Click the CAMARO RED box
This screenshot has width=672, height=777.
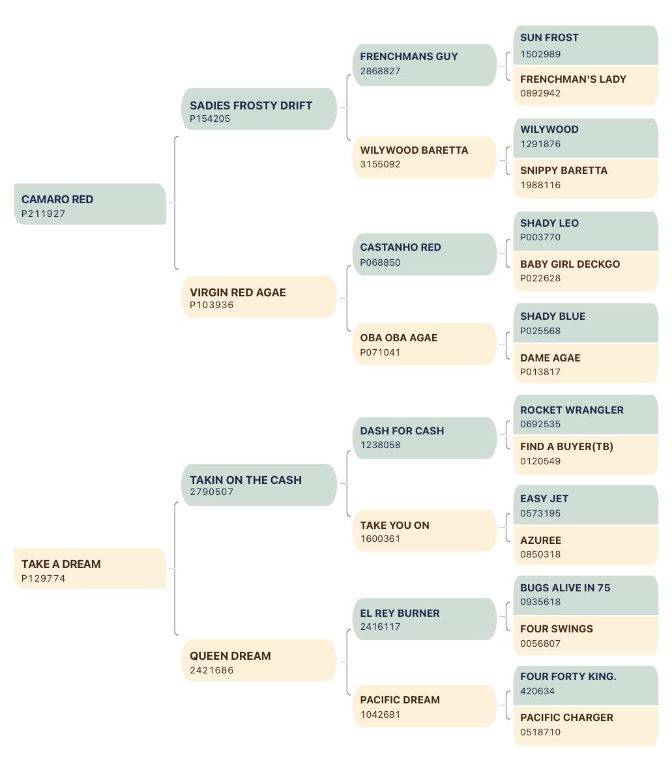point(90,204)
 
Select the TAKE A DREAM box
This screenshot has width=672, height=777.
point(90,569)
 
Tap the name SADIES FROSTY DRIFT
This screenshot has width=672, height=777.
point(251,106)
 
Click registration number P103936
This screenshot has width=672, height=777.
point(212,305)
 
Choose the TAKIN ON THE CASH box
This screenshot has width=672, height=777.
point(259,485)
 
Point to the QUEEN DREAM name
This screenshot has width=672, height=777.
point(230,656)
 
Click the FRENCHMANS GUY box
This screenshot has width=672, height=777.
point(424,65)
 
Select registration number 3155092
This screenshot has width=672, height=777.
point(380,165)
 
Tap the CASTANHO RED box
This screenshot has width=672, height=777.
point(424,254)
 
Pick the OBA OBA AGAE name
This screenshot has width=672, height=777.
point(399,338)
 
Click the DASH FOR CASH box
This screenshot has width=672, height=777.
point(424,438)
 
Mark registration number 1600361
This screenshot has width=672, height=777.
point(380,539)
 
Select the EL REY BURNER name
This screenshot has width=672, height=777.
point(400,614)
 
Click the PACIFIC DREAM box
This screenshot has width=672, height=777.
point(424,706)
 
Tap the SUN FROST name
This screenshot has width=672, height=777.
point(549,38)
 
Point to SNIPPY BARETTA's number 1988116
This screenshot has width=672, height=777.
point(540,186)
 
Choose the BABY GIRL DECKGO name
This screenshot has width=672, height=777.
point(570,264)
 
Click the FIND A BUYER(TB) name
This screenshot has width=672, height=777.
point(567,447)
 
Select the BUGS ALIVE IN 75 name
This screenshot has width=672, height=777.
point(565,588)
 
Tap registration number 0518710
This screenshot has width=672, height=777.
point(540,733)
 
